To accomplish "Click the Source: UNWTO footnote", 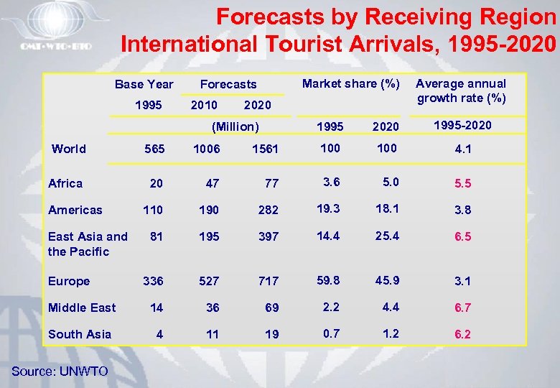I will point(60,371).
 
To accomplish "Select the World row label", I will point(69,149).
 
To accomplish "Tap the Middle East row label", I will point(82,308).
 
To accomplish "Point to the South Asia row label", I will point(80,334).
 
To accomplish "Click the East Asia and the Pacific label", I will point(87,244).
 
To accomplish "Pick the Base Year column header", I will point(144,84).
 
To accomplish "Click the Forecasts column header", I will point(228,84).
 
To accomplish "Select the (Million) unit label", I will point(235,126).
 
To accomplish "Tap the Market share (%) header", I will point(351,83).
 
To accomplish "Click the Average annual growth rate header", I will point(462,91).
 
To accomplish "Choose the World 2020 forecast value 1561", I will point(266,149).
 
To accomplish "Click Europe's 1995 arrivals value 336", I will point(153,281).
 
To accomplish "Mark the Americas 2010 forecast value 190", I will point(209,211).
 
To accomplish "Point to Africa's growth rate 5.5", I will point(462,183).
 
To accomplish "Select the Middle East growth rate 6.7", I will point(462,308).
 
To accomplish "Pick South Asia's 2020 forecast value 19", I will point(271,334).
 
